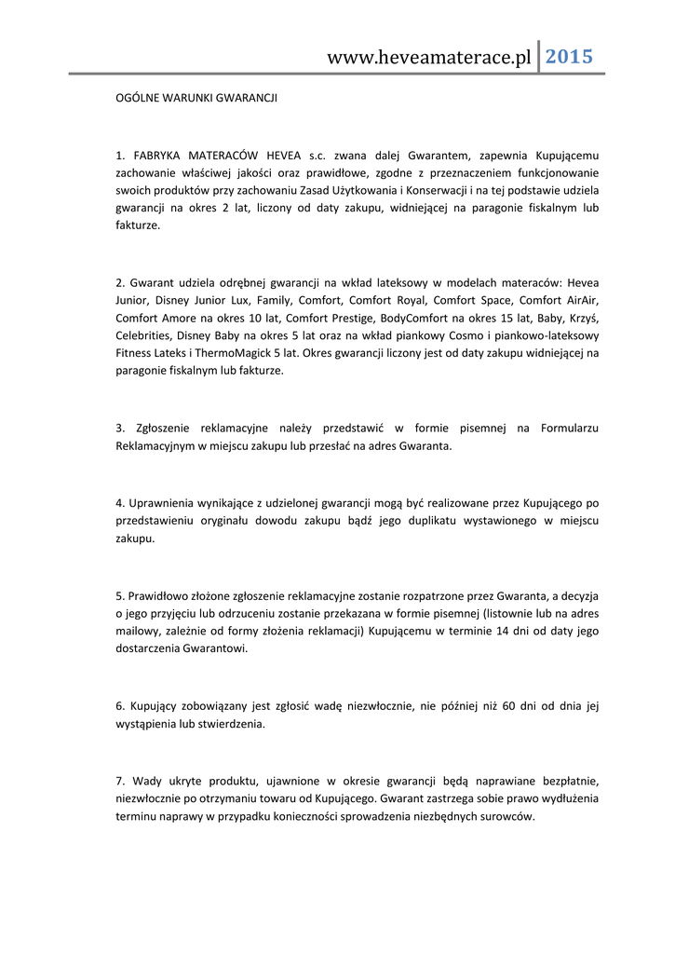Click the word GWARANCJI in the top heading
(x=247, y=97)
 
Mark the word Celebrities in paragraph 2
(x=142, y=335)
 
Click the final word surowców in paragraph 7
(x=506, y=815)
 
